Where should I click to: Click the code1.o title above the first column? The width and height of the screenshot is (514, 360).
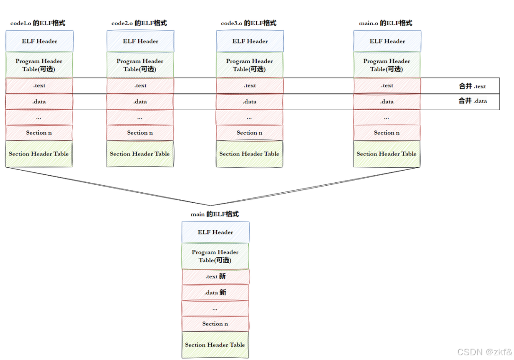point(38,23)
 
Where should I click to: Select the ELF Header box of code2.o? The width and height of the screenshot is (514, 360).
point(140,41)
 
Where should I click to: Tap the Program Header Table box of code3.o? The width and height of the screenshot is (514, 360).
point(250,65)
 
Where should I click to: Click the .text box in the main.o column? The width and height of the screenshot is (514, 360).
point(387,86)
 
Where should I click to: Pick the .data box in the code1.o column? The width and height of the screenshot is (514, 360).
point(39,102)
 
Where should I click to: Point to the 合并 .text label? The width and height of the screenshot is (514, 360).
point(472,86)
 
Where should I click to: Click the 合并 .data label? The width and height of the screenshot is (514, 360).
point(472,101)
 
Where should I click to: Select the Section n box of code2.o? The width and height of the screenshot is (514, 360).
point(140,133)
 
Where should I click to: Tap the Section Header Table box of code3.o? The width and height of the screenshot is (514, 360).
point(249,154)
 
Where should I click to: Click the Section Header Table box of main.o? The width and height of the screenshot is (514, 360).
point(386,154)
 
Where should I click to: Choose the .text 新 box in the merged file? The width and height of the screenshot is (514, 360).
point(215,276)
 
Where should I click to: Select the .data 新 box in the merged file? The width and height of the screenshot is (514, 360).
point(215,292)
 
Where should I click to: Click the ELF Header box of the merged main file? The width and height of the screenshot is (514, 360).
point(215,232)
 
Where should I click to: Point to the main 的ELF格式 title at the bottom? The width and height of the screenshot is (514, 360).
point(215,214)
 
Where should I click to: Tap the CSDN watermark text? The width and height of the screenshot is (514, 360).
point(485,352)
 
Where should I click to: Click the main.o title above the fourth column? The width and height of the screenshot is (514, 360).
point(385,23)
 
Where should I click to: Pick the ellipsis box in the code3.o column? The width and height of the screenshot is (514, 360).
point(249,117)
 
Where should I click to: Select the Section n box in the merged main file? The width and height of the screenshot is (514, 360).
point(215,324)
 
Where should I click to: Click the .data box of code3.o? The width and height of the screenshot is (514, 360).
point(250,102)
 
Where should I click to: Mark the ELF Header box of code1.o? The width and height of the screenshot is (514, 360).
point(39,41)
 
